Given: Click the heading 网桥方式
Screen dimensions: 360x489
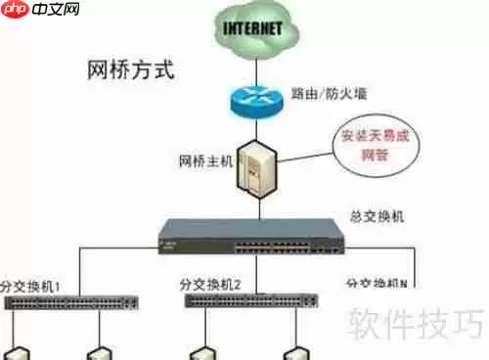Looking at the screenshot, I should pyautogui.click(x=130, y=69).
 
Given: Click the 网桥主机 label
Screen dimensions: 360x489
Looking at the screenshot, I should pyautogui.click(x=206, y=159).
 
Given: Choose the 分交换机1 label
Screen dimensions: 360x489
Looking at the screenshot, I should pyautogui.click(x=31, y=285).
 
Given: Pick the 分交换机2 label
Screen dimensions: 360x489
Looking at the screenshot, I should pyautogui.click(x=210, y=285).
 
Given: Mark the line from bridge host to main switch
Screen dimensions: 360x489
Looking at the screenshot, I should pyautogui.click(x=260, y=205).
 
